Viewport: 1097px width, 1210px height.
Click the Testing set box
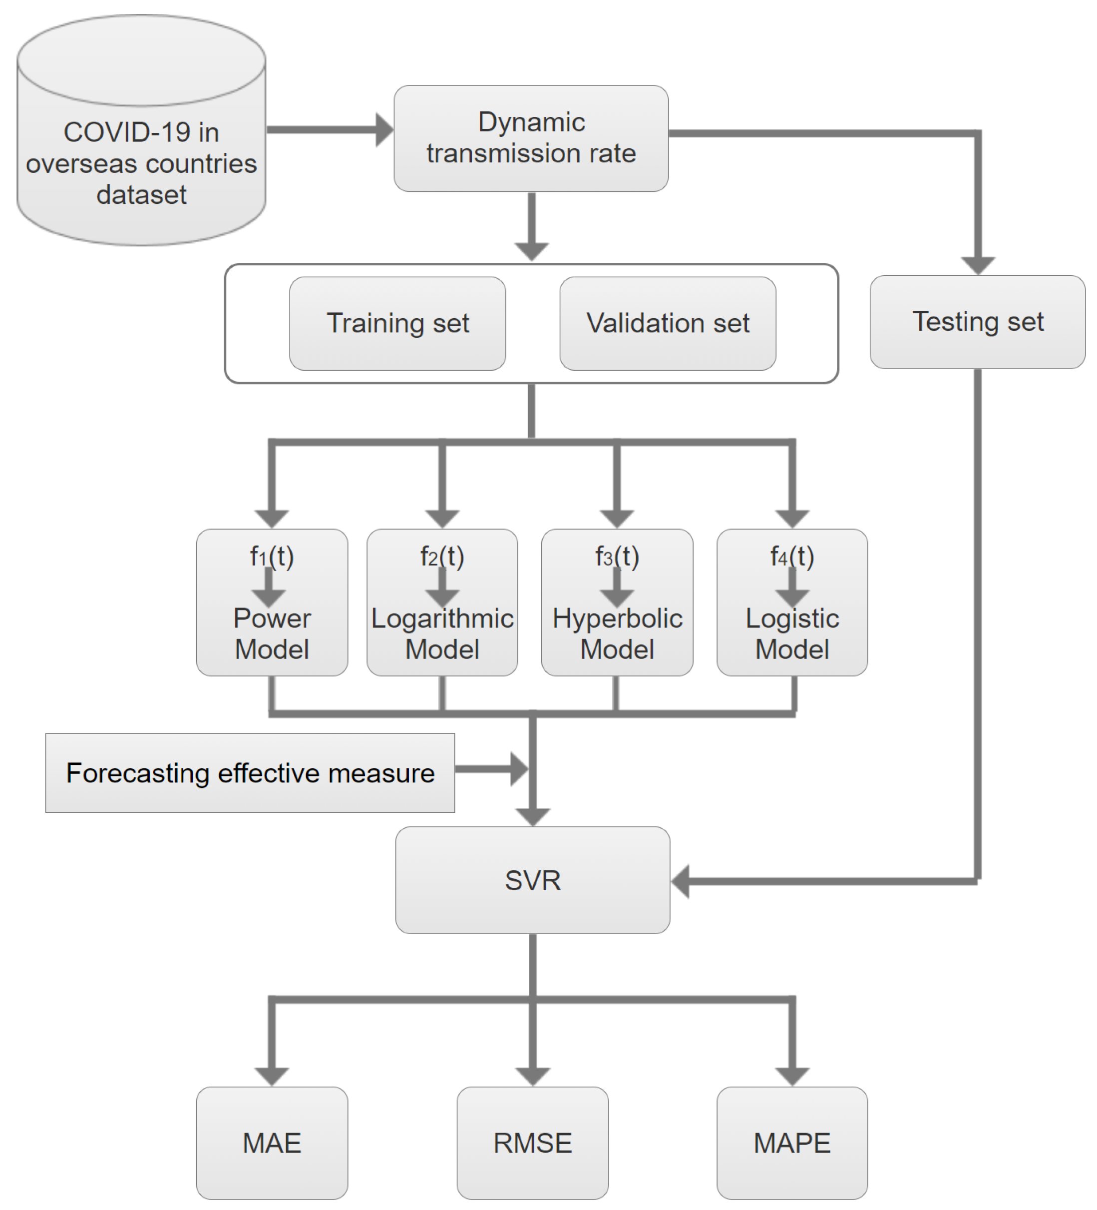(977, 322)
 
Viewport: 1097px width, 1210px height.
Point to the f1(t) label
(272, 557)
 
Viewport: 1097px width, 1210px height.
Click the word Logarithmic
(442, 618)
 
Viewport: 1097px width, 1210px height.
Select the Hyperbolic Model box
(617, 633)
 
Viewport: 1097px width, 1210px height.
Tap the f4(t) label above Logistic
(792, 557)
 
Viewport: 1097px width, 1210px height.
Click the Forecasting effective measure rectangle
(250, 772)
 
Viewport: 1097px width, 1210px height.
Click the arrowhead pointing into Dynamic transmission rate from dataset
(384, 130)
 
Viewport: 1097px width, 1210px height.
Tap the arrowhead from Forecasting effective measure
(519, 769)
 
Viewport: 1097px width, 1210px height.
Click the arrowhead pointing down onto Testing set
(978, 265)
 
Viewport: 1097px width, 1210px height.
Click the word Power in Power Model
(272, 618)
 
